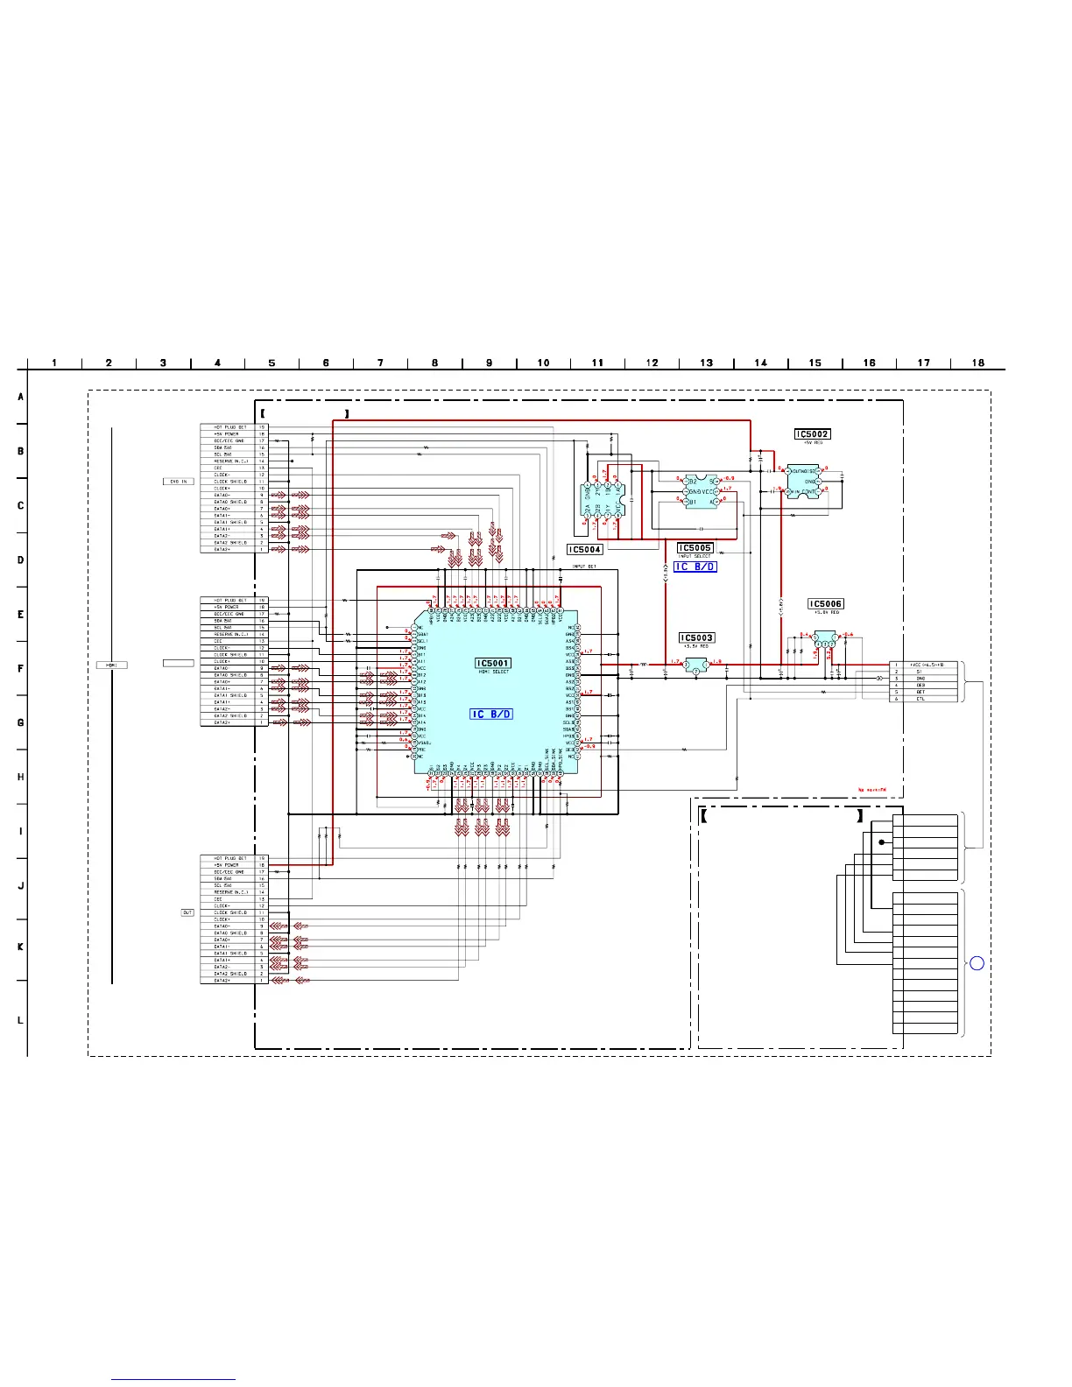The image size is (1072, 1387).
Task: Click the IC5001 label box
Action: coord(493,663)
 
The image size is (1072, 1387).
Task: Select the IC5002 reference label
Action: coord(812,434)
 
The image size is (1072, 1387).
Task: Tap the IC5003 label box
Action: coord(697,638)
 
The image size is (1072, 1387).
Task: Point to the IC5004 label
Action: coord(584,550)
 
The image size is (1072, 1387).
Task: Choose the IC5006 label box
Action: coord(826,604)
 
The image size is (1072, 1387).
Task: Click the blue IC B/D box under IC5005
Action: coord(695,567)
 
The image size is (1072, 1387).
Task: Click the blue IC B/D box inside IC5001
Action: coord(491,715)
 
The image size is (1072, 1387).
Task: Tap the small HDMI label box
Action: coord(111,665)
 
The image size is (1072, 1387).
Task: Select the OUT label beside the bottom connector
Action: coord(187,912)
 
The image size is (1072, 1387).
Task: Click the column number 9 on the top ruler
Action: coord(489,363)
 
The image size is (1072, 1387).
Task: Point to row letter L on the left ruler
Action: coord(20,1019)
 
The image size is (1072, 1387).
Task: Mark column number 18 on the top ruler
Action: coord(977,363)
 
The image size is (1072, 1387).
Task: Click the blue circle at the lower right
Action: coord(977,963)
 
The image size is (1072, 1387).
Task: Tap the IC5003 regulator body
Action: coord(696,666)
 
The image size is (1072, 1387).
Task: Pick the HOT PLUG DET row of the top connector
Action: coord(233,427)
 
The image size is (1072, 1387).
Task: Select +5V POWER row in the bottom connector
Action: coord(233,865)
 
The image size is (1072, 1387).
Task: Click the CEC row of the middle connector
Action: coord(233,641)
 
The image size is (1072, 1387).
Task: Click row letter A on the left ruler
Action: coord(20,397)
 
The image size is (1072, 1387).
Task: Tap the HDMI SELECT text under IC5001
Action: coord(493,672)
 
